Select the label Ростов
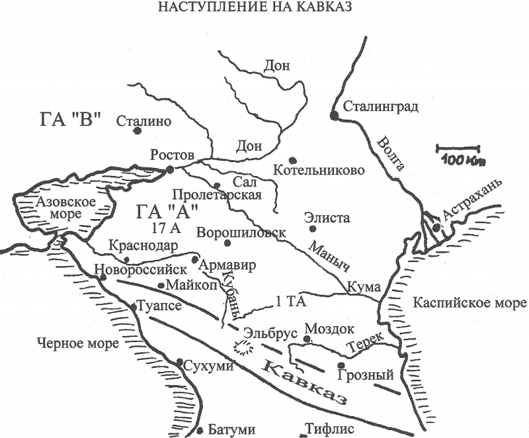click(x=173, y=155)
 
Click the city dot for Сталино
click(x=138, y=131)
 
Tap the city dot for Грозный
click(x=341, y=365)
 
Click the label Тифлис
click(x=331, y=428)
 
